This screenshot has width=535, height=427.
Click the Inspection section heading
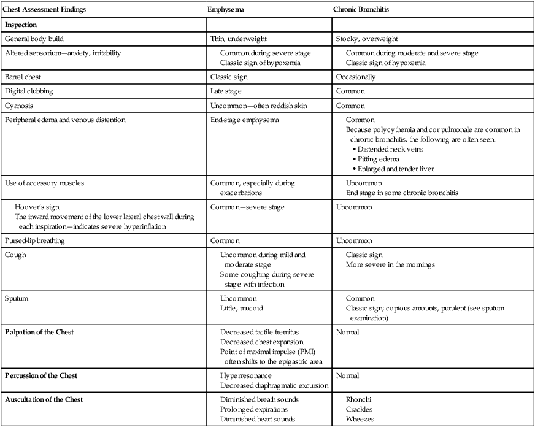(21, 25)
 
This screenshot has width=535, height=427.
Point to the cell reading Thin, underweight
(239, 39)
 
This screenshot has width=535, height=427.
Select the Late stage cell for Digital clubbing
(226, 91)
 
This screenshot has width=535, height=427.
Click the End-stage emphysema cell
(244, 120)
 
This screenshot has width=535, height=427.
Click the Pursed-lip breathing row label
(36, 240)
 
